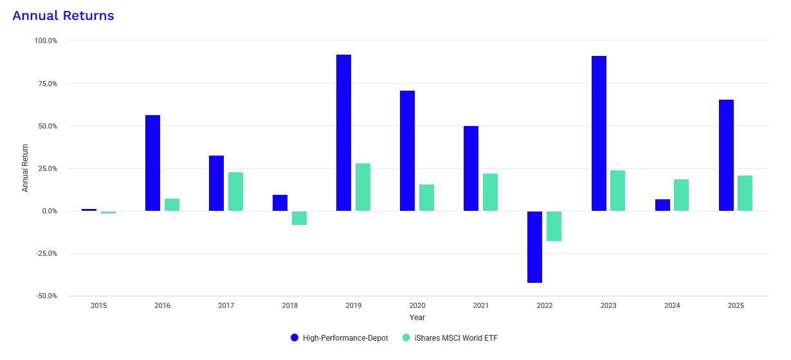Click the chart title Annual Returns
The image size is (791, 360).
63,16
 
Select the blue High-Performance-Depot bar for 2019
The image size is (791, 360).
343,133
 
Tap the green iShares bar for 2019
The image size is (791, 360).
363,187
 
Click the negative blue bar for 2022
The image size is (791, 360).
534,247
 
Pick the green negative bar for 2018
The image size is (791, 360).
299,218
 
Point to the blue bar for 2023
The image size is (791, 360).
599,134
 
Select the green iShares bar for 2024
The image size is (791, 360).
681,195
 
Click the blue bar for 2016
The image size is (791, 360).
152,163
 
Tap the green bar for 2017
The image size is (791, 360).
235,192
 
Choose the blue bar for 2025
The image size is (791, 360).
726,156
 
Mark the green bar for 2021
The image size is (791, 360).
490,192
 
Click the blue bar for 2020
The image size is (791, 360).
407,151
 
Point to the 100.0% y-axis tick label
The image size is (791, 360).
46,40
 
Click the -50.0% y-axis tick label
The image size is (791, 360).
46,296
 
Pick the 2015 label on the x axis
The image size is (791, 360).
98,306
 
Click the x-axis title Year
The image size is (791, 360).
417,318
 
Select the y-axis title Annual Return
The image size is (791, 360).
25,168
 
